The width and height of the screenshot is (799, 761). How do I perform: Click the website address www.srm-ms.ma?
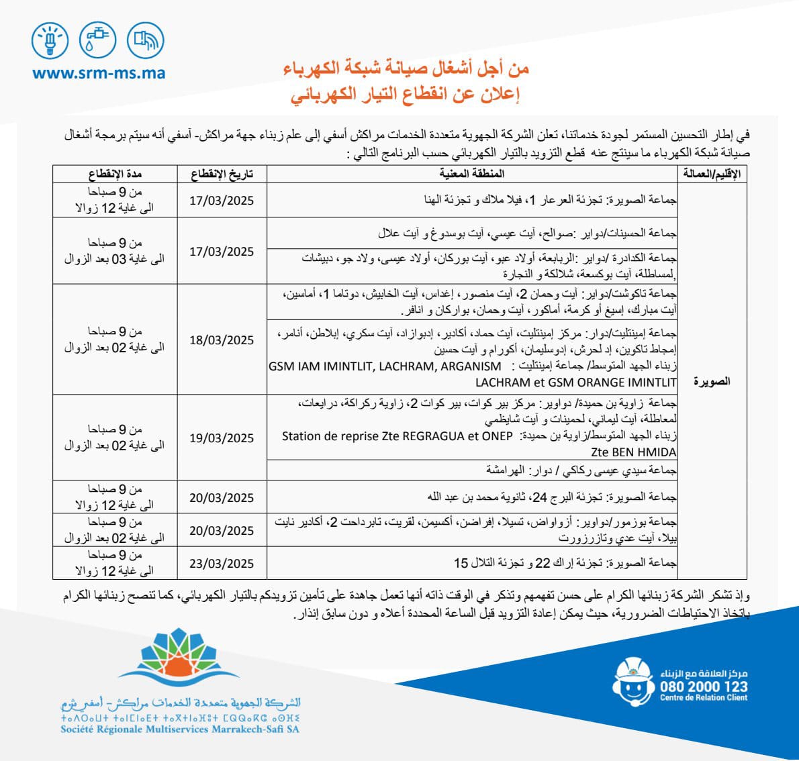pyautogui.click(x=99, y=72)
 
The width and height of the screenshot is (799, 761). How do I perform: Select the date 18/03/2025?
pyautogui.click(x=222, y=340)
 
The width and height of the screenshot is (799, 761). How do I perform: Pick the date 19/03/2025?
pyautogui.click(x=222, y=438)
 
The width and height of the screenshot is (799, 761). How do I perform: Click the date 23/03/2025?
pyautogui.click(x=222, y=564)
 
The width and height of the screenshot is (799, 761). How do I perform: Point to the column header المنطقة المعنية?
pyautogui.click(x=472, y=174)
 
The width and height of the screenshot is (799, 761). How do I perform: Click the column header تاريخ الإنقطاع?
pyautogui.click(x=222, y=174)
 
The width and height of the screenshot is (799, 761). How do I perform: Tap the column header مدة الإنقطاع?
pyautogui.click(x=115, y=174)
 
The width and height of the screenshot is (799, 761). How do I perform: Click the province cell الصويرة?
pyautogui.click(x=712, y=381)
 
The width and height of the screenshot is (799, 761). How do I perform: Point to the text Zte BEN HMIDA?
pyautogui.click(x=634, y=452)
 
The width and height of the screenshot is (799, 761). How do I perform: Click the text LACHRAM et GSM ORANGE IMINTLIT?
pyautogui.click(x=576, y=383)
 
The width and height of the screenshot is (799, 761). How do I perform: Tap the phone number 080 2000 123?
pyautogui.click(x=703, y=687)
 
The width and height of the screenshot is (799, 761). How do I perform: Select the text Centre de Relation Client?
pyautogui.click(x=703, y=698)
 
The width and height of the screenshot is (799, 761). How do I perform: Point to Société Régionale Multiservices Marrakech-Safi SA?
pyautogui.click(x=180, y=729)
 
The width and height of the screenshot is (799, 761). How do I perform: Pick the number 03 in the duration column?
pyautogui.click(x=119, y=259)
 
